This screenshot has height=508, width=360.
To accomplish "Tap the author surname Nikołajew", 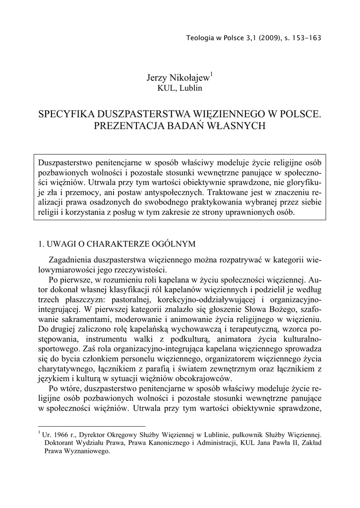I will pos(189,77).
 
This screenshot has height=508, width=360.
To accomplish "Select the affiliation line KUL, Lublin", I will pos(180,88).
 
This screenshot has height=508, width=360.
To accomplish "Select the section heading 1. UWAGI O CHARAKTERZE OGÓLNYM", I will pos(117,244).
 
